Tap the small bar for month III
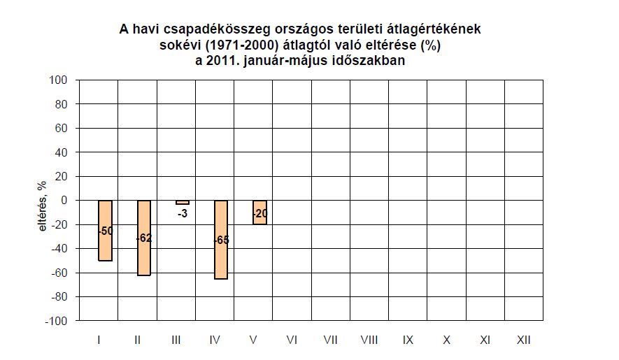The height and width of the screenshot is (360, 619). point(182,202)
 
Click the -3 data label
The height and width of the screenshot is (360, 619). point(182,214)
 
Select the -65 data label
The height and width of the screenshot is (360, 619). point(221,240)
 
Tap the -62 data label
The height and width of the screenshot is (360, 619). point(144,238)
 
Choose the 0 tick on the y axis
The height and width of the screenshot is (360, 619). point(62,201)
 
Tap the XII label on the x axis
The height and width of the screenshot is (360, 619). point(522,340)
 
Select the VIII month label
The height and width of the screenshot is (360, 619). point(369,340)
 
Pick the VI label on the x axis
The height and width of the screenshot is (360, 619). point(292,340)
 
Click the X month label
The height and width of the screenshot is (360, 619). point(446,340)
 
